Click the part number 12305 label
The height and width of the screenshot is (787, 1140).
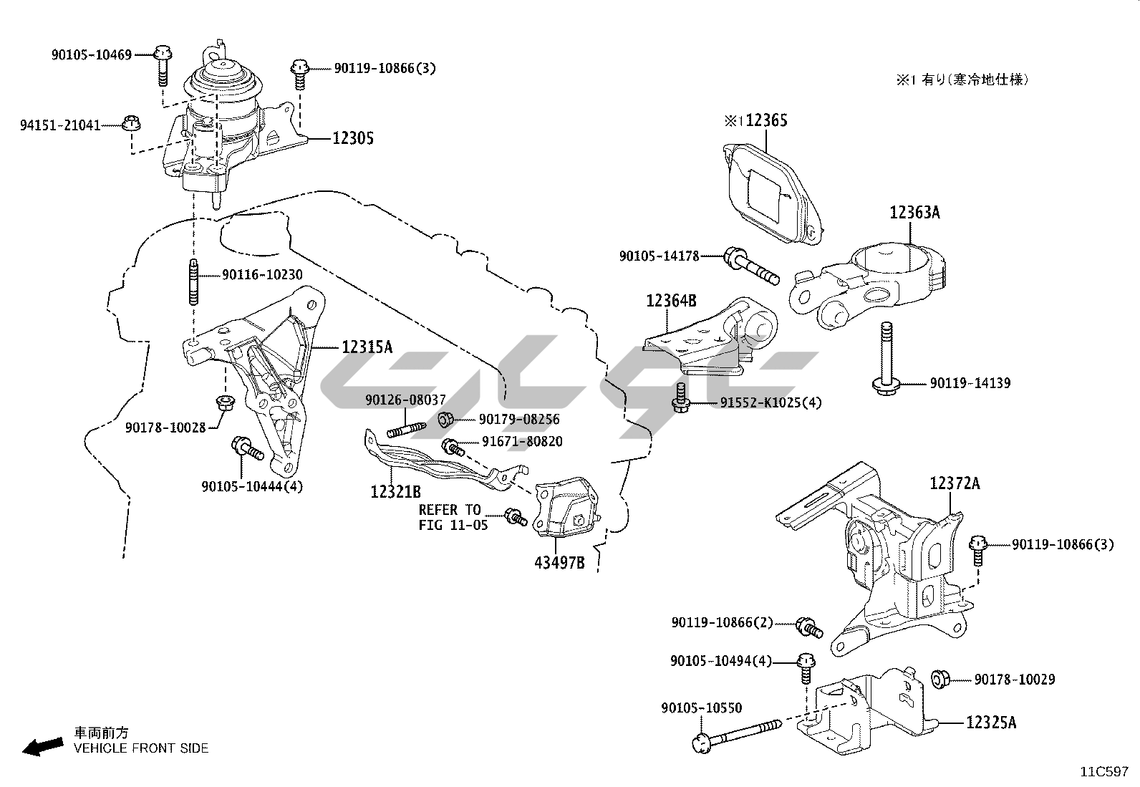352,138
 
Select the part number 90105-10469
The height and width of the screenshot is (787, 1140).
92,54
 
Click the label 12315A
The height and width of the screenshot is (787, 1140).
367,347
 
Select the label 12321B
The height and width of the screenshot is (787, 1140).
395,492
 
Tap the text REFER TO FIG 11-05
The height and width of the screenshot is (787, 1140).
450,517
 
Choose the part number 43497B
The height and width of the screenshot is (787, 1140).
559,563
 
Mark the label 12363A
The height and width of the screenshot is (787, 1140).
914,213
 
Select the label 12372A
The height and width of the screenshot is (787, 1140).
955,483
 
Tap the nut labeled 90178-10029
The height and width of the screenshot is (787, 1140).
940,678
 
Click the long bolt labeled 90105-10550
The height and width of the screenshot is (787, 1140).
738,738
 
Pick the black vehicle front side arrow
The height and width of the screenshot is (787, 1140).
41,747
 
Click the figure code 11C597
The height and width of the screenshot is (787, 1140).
1104,772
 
